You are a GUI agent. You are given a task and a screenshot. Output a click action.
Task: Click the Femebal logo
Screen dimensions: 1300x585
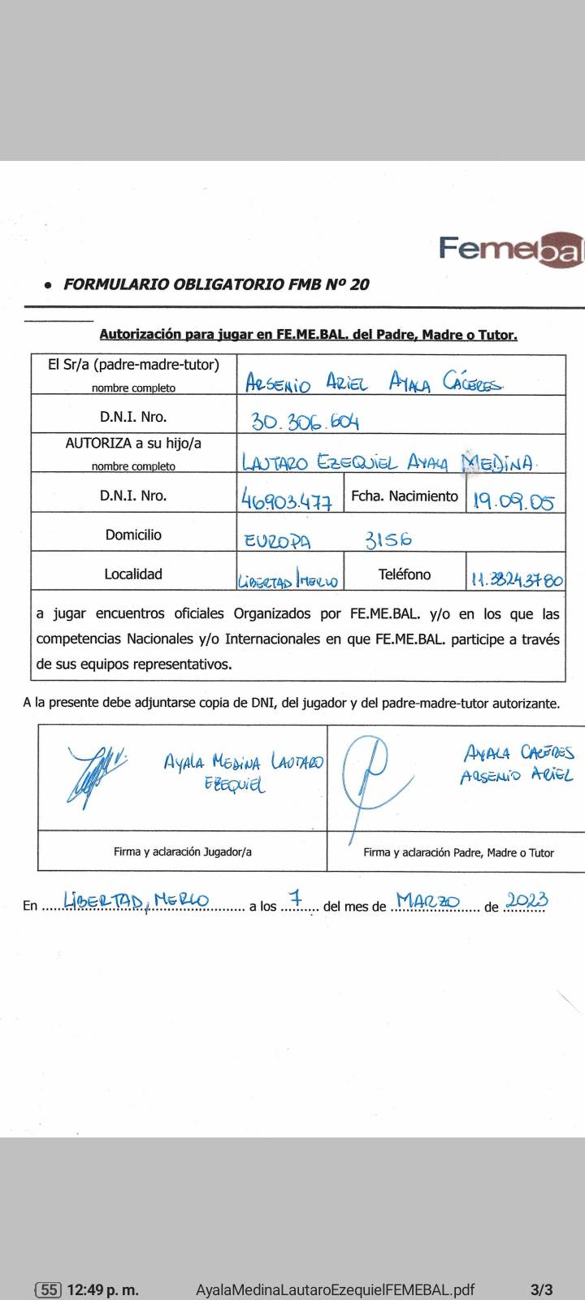(x=511, y=249)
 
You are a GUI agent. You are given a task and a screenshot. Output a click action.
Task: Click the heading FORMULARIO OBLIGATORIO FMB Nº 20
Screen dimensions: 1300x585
(x=216, y=284)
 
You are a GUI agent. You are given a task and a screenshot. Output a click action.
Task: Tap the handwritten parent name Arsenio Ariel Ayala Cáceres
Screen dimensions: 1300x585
(x=374, y=382)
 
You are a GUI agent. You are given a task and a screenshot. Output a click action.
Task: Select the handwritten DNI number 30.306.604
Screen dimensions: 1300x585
(x=305, y=421)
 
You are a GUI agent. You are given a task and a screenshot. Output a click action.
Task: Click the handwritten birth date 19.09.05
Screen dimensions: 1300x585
(x=513, y=500)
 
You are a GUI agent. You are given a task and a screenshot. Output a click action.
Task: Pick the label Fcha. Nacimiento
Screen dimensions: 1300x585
(x=405, y=496)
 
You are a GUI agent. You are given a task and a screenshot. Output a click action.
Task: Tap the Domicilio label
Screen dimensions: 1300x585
(x=133, y=535)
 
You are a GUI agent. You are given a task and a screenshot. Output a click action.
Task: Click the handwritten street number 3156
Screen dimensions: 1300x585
(x=388, y=539)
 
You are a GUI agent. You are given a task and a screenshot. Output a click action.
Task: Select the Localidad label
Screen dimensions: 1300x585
(x=133, y=574)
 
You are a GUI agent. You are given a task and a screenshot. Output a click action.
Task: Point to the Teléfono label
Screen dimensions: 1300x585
(x=405, y=574)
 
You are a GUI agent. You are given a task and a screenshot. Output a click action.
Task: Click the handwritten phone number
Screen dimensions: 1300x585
(x=517, y=580)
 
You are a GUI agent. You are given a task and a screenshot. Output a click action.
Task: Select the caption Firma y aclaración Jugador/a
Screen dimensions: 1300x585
(x=183, y=851)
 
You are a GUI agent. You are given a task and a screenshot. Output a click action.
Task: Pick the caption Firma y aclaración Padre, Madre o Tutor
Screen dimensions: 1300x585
(x=458, y=852)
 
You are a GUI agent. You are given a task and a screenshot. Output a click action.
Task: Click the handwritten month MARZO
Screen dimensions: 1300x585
(x=428, y=901)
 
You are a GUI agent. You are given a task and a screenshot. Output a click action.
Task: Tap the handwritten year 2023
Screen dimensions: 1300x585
(x=526, y=900)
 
